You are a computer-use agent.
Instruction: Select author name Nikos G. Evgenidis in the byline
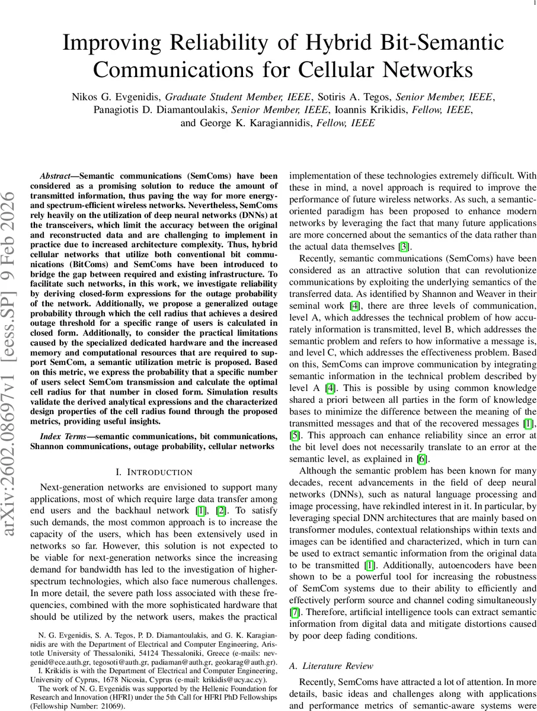tap(116, 97)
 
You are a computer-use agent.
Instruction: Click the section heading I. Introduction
tap(154, 472)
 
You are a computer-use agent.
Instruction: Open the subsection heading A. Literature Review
tap(331, 666)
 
